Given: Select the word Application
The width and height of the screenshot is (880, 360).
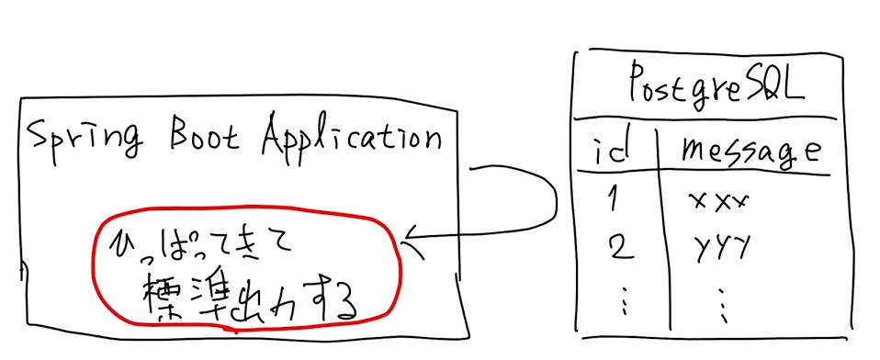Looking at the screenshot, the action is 351,140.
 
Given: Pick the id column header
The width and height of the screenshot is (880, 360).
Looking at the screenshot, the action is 611,150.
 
